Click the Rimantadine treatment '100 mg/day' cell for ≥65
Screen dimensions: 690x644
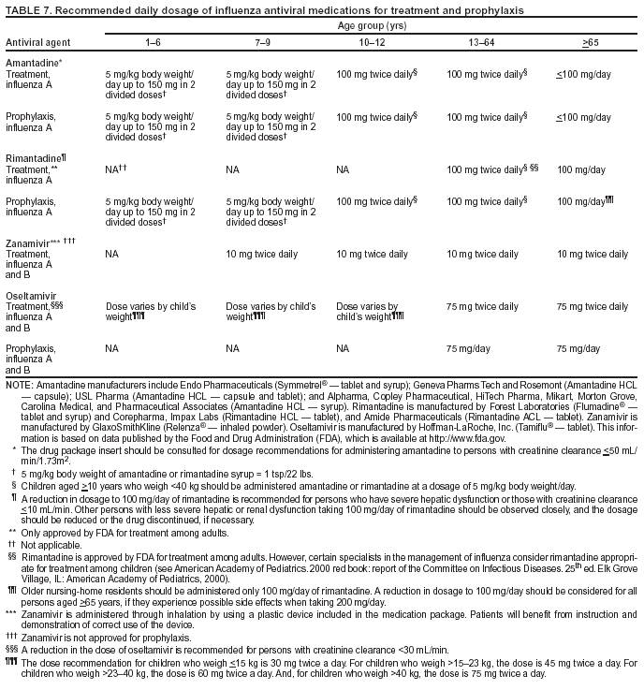pyautogui.click(x=580, y=170)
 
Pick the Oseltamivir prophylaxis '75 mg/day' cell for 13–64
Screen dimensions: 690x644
pyautogui.click(x=468, y=347)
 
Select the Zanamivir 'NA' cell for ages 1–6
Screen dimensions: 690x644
pyautogui.click(x=111, y=254)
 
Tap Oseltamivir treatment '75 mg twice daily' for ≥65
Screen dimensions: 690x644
pyautogui.click(x=592, y=306)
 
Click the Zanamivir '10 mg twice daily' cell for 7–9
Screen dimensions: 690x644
pyautogui.click(x=262, y=254)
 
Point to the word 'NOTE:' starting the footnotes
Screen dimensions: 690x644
pyautogui.click(x=19, y=384)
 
